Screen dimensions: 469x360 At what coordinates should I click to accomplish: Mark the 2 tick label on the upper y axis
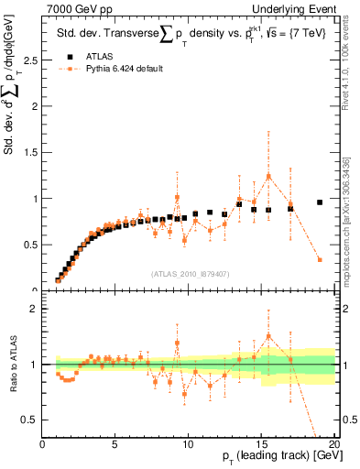(x=35, y=106)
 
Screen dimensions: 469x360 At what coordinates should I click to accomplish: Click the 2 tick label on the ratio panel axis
(x=35, y=309)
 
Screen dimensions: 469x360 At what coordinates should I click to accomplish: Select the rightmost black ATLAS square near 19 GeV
(x=320, y=202)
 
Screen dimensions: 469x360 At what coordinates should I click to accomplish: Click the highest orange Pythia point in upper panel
(x=268, y=176)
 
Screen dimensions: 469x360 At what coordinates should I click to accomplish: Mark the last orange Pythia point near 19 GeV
(x=320, y=260)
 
